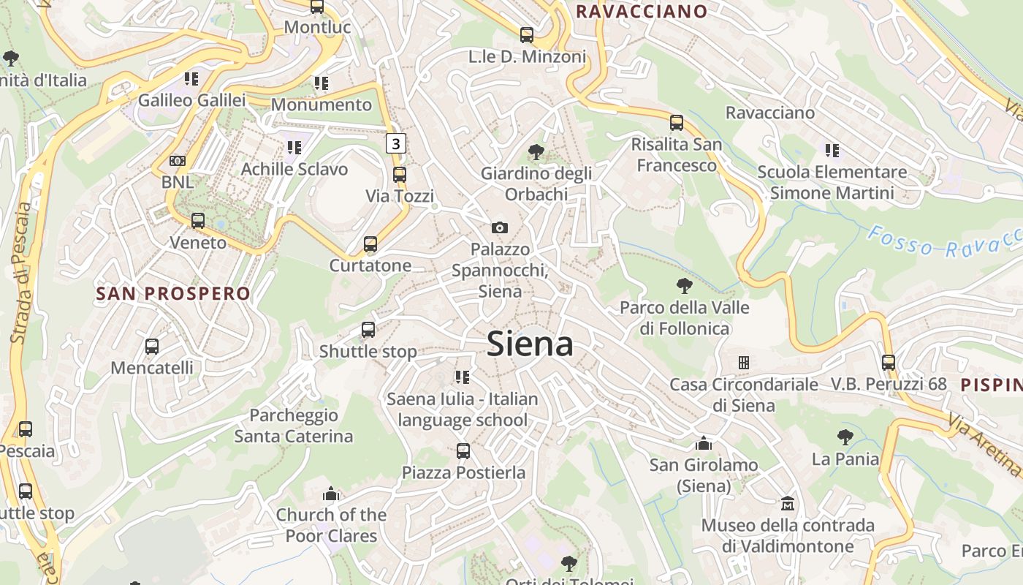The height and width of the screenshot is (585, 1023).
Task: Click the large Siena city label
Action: tap(530, 344)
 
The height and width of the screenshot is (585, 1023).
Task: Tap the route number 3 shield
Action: tap(395, 143)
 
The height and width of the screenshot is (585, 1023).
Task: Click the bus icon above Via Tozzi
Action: tap(399, 175)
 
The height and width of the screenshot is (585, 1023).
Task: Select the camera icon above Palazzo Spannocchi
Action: tap(500, 228)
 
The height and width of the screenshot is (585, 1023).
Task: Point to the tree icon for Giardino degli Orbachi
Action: tap(536, 152)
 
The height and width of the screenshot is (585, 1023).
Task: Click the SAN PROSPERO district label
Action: tap(173, 294)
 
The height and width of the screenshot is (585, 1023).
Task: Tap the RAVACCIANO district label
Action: tap(642, 12)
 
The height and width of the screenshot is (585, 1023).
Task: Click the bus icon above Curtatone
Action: tap(370, 244)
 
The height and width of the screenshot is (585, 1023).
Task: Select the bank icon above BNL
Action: tap(178, 161)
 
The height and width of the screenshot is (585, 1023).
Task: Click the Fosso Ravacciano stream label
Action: tap(943, 242)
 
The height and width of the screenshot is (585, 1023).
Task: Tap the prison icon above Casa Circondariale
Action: tap(744, 363)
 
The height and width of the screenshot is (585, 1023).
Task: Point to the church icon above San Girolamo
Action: tap(704, 443)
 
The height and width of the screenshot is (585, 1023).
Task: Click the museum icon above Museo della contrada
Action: tap(788, 504)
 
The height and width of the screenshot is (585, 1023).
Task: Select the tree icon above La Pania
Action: tap(845, 437)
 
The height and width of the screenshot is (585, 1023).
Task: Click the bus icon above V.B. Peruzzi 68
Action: tap(889, 362)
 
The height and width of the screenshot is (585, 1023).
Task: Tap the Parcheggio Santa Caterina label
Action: tap(294, 426)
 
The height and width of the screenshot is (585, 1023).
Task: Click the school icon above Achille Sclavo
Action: tap(294, 148)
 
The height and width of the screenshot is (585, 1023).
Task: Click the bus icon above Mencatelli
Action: tap(152, 347)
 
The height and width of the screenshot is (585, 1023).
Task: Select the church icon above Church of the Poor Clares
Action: tap(331, 494)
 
